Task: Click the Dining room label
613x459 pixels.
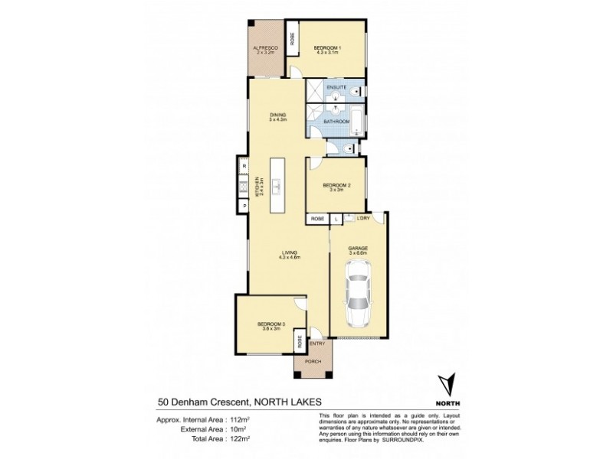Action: click(277, 116)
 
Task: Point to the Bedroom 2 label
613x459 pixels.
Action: click(336, 186)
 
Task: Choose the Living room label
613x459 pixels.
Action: click(288, 254)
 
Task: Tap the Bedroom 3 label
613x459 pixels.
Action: click(271, 324)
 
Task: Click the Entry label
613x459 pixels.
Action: click(317, 343)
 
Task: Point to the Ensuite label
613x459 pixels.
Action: click(336, 89)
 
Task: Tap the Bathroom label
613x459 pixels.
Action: click(337, 122)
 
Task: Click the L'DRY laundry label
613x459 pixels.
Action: click(363, 220)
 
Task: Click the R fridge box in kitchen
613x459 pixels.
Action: click(243, 165)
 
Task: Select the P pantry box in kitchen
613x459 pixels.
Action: click(243, 206)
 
